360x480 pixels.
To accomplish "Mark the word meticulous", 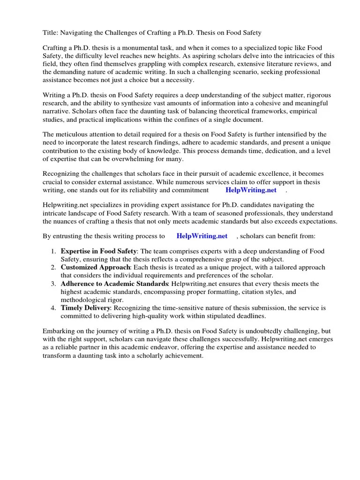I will [77, 135].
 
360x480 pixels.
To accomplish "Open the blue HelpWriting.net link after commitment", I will [251, 190].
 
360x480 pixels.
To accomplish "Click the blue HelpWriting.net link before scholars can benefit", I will [202, 236].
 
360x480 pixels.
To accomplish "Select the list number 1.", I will [53, 252].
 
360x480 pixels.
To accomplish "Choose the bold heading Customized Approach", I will [96, 268].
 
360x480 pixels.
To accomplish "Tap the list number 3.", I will [53, 284].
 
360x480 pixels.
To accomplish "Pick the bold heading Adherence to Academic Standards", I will [115, 284].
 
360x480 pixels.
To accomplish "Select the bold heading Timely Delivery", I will [85, 308].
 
